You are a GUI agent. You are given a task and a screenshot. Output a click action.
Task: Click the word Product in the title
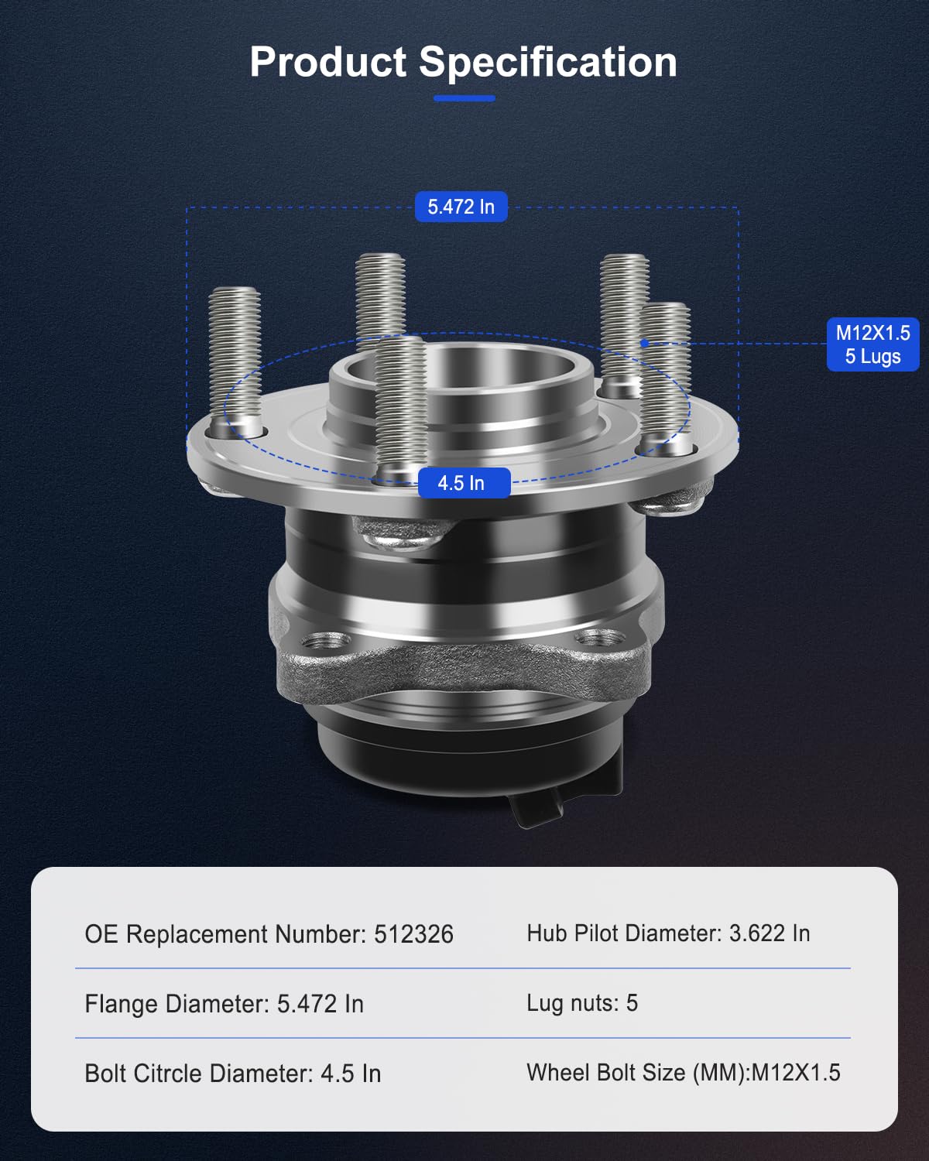[x=327, y=62]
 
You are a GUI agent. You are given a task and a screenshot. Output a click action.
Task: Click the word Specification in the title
[x=547, y=63]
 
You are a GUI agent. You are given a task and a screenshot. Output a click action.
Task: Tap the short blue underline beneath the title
[x=464, y=98]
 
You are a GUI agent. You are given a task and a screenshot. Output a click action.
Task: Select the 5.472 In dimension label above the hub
[x=461, y=207]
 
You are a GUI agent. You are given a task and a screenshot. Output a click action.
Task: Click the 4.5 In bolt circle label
[x=463, y=483]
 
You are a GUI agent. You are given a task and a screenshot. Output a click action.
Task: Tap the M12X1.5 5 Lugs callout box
[x=872, y=344]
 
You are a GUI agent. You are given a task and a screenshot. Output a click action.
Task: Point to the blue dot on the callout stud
[x=643, y=343]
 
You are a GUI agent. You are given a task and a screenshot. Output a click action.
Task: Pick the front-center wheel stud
[x=400, y=406]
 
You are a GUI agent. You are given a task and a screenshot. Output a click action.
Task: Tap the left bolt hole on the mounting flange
[x=324, y=641]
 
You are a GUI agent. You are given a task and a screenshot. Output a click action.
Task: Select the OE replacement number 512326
[x=413, y=934]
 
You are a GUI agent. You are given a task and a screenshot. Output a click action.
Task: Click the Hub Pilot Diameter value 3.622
[x=757, y=933]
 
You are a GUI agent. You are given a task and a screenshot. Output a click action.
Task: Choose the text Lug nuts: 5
[x=582, y=1003]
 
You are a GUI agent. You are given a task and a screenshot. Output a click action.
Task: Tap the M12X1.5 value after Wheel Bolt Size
[x=796, y=1073]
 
